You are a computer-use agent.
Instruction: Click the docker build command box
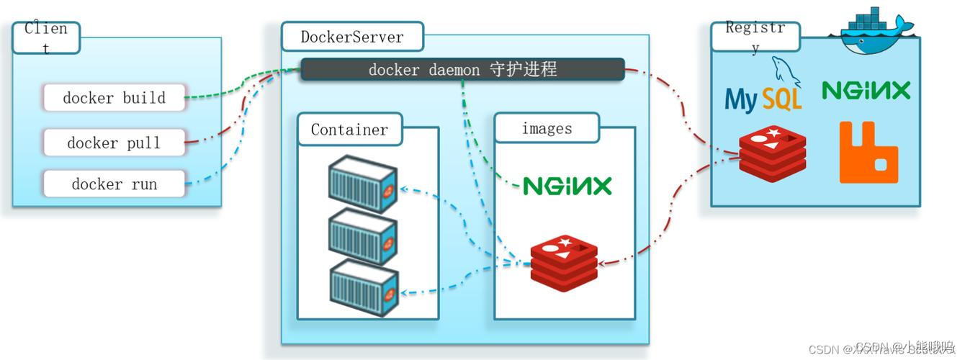coord(114,97)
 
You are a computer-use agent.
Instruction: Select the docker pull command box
coord(114,143)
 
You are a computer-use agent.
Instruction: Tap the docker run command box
coord(114,184)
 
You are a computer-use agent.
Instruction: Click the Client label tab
coord(46,37)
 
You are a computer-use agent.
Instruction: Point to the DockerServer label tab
coord(351,36)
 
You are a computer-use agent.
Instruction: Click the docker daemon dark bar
coord(462,70)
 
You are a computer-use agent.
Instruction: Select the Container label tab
coord(349,130)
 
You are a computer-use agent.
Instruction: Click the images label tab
coord(547,128)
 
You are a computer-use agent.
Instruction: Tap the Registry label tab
coord(755,37)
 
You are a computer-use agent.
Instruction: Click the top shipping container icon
coord(363,186)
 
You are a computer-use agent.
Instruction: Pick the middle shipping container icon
coord(363,235)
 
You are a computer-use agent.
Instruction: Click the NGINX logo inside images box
coord(567,186)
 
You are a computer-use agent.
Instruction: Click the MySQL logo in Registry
coord(763,94)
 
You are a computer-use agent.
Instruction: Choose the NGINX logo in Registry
coord(866,91)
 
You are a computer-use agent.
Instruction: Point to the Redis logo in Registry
coord(772,153)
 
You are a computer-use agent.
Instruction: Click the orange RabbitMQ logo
coord(868,152)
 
